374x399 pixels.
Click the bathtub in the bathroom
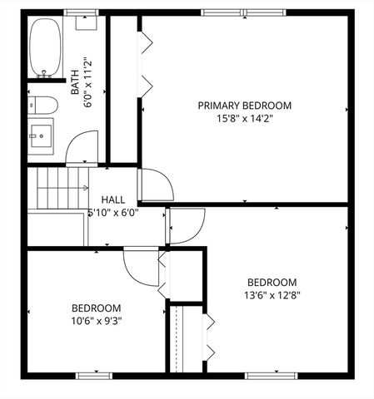[x=42, y=49]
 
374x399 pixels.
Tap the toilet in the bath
[x=42, y=106]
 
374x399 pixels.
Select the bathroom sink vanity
[x=41, y=136]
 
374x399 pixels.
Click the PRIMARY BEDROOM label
[x=244, y=106]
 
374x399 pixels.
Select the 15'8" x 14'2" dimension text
[x=244, y=118]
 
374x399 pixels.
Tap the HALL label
[x=113, y=200]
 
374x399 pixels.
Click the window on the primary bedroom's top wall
[x=230, y=12]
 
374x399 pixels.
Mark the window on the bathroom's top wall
[x=77, y=12]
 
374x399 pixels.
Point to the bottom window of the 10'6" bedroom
[x=94, y=375]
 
